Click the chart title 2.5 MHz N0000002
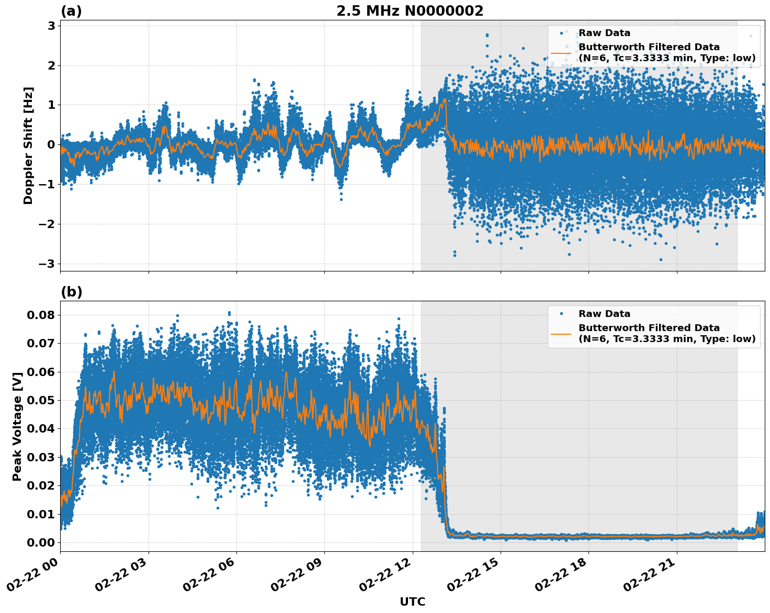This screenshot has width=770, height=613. pyautogui.click(x=410, y=11)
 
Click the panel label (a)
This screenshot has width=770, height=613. pyautogui.click(x=71, y=11)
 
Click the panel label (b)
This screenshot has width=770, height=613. pyautogui.click(x=71, y=292)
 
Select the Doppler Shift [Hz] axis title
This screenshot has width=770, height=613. pyautogui.click(x=28, y=145)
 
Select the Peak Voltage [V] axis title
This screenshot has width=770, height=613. pyautogui.click(x=17, y=426)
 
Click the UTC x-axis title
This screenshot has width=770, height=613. pyautogui.click(x=412, y=601)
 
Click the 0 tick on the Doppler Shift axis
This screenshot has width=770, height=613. pyautogui.click(x=51, y=145)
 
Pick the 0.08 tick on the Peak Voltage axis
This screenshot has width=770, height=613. pyautogui.click(x=41, y=315)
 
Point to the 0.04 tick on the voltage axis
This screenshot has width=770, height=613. pyautogui.click(x=41, y=429)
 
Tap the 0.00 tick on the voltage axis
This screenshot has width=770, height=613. pyautogui.click(x=41, y=542)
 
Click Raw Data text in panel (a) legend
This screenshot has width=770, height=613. pyautogui.click(x=604, y=33)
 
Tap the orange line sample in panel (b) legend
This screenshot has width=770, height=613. pyautogui.click(x=561, y=334)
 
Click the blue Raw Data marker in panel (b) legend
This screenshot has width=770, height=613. pyautogui.click(x=561, y=314)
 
